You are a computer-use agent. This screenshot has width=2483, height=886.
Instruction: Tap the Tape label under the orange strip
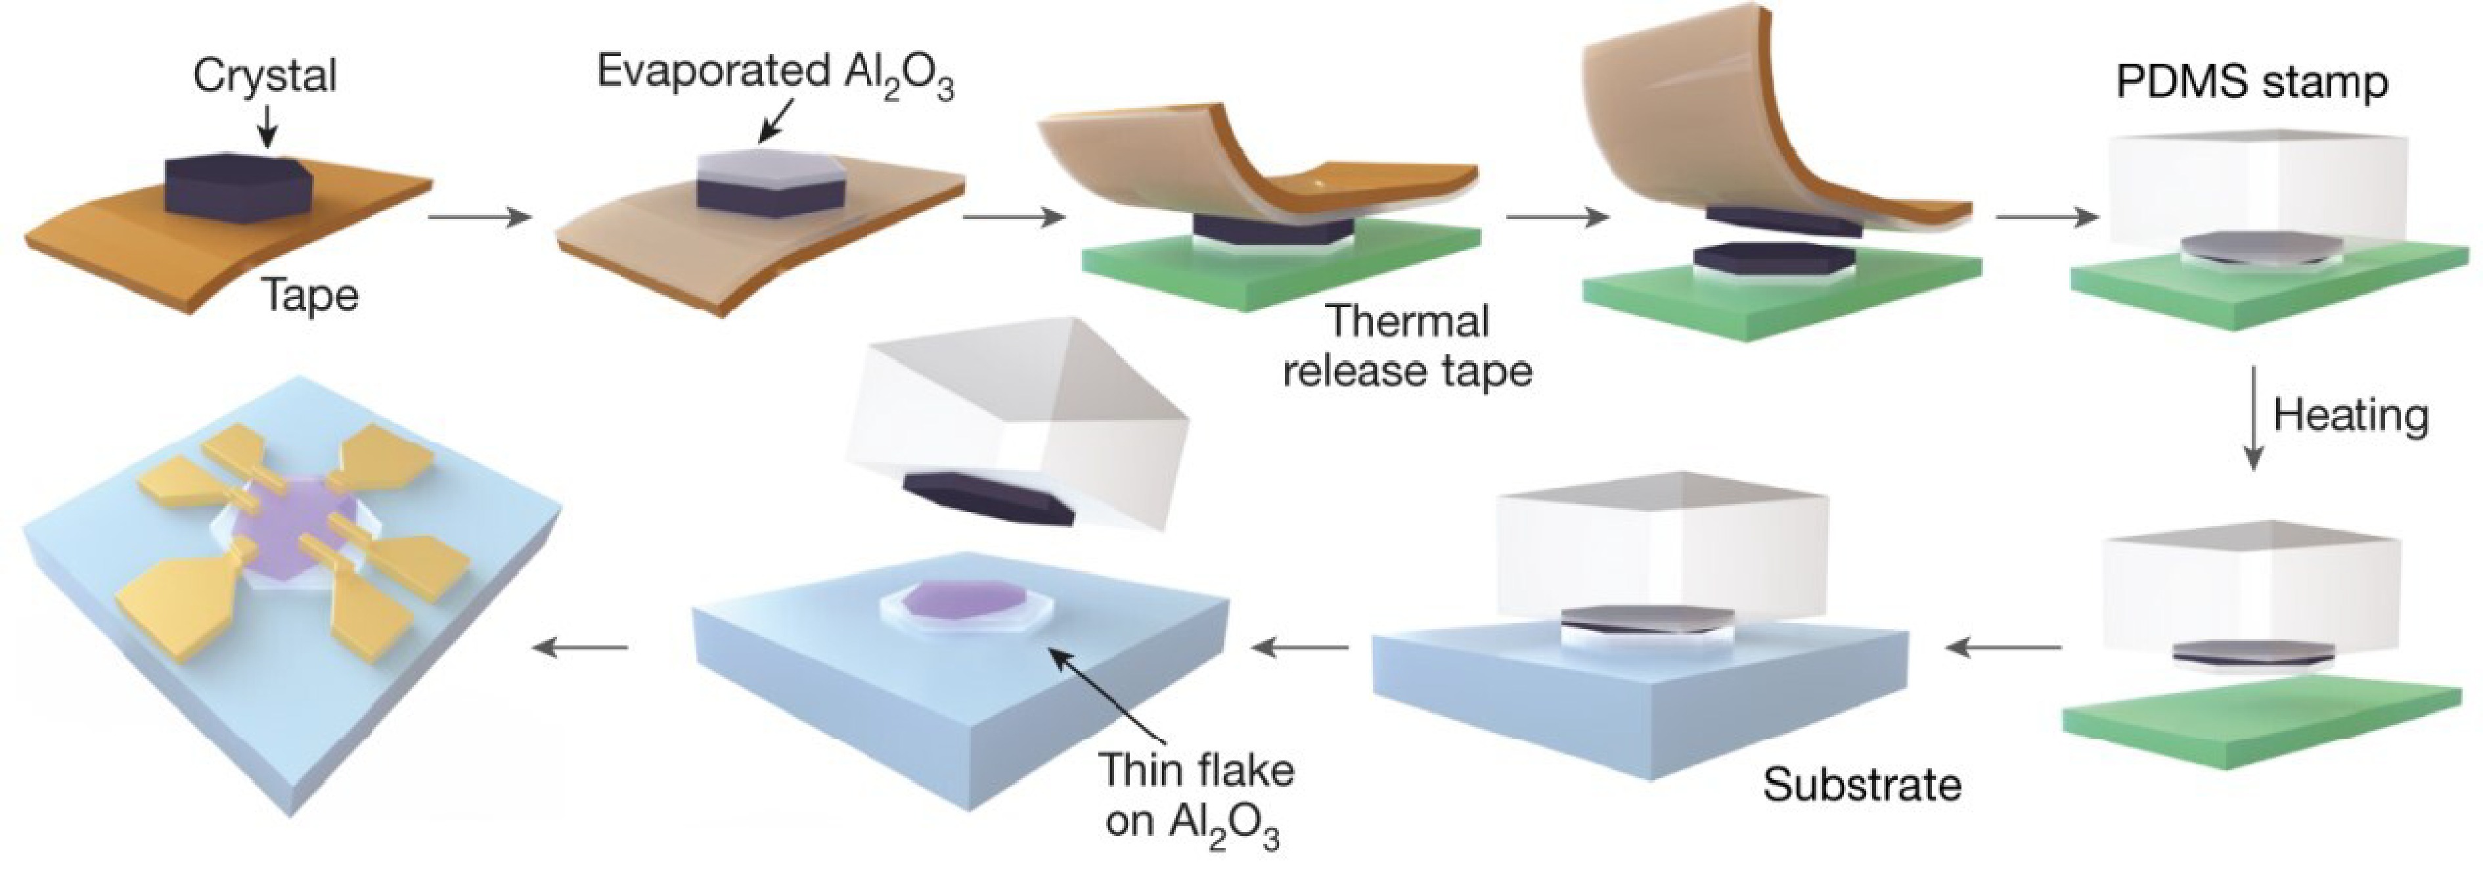pos(310,295)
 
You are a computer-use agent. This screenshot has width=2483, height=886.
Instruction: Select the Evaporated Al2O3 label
pos(776,73)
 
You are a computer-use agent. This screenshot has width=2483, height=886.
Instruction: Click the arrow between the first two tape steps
pos(479,217)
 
